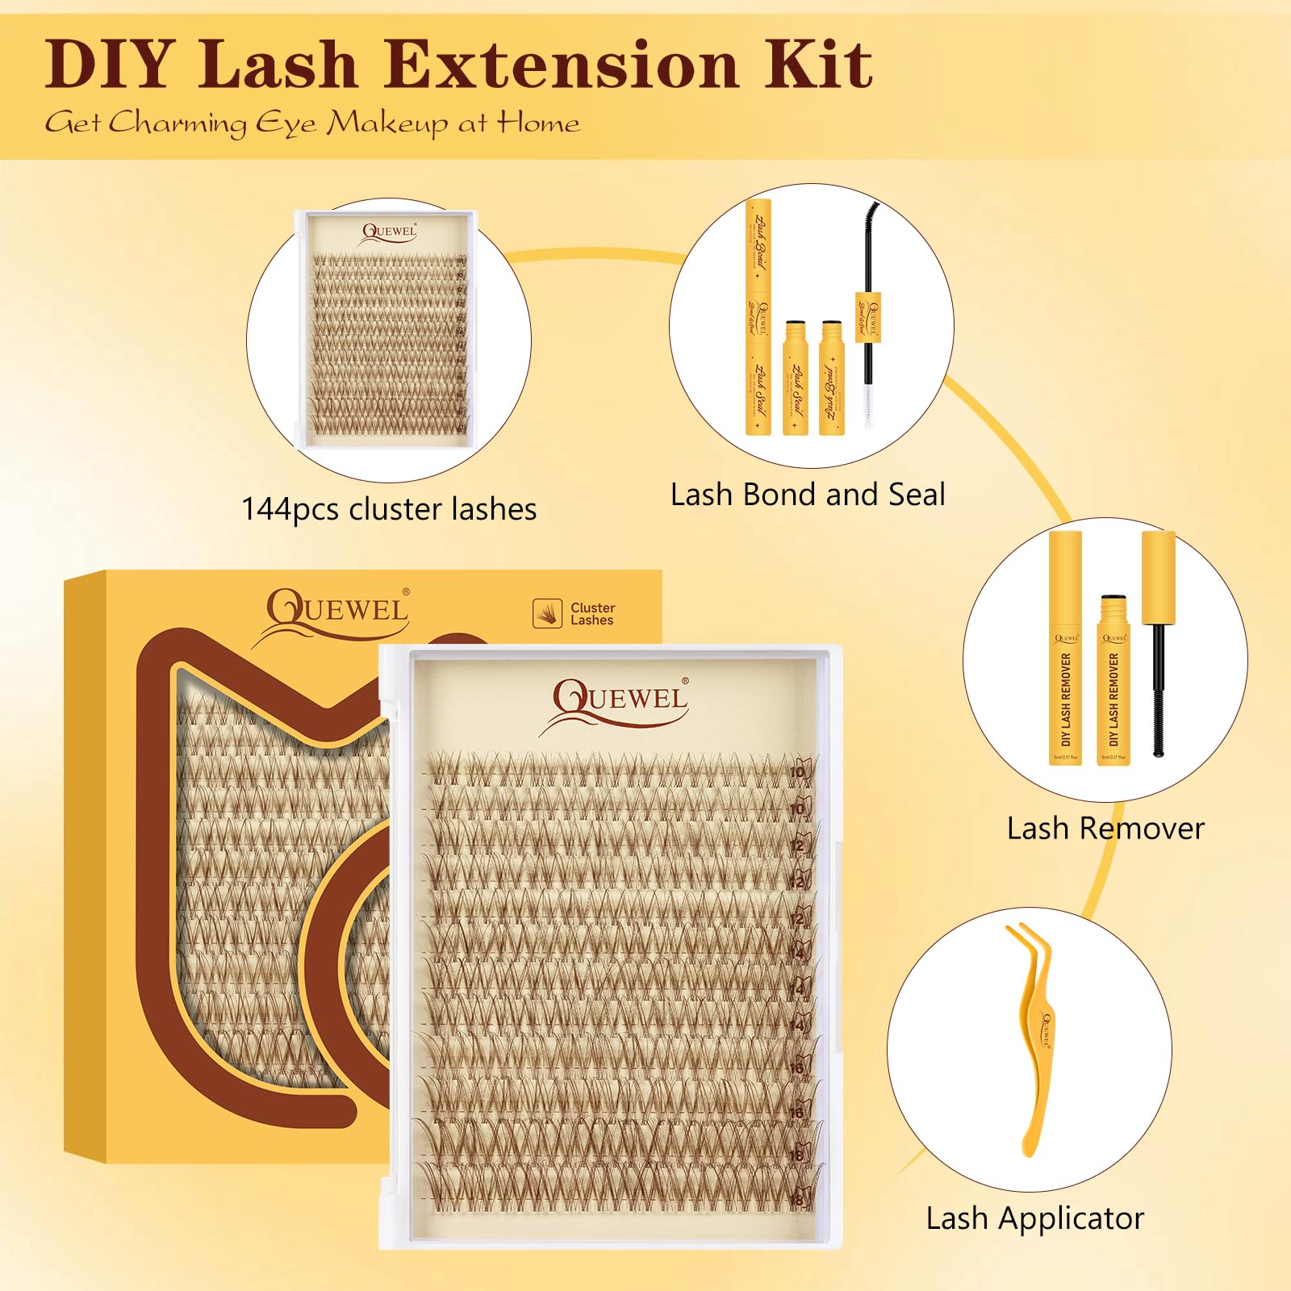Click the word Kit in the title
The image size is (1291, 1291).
(818, 65)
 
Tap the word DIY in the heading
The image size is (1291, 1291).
(110, 65)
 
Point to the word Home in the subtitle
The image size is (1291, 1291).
(538, 123)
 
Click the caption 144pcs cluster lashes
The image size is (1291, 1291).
(389, 509)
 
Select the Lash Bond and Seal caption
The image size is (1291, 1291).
(808, 495)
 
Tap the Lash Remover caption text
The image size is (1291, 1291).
(1105, 829)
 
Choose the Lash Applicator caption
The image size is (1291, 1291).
(1034, 1218)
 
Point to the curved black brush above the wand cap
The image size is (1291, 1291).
(870, 242)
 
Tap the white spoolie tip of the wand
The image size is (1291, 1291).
(868, 403)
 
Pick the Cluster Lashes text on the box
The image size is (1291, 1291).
(591, 614)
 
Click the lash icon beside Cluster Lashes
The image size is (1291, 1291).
(547, 613)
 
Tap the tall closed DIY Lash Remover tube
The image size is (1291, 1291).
(1065, 650)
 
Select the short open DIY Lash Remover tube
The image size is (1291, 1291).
(1113, 682)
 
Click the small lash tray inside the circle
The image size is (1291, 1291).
(389, 329)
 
